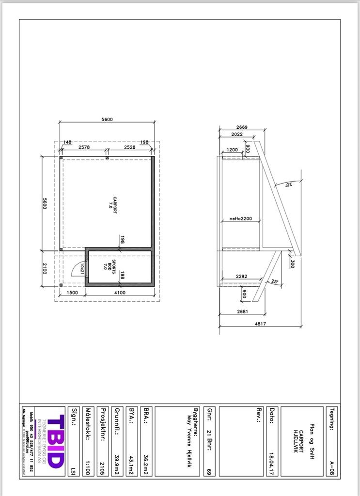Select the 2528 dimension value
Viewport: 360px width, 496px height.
(x=129, y=147)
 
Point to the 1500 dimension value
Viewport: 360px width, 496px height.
(x=73, y=293)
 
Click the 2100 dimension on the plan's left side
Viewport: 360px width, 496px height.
(x=45, y=269)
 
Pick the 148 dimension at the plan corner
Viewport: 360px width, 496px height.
(x=67, y=142)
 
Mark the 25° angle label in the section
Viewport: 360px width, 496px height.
(x=275, y=281)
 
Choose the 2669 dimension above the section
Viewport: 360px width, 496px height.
(x=241, y=127)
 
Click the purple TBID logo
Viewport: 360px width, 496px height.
(x=56, y=441)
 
